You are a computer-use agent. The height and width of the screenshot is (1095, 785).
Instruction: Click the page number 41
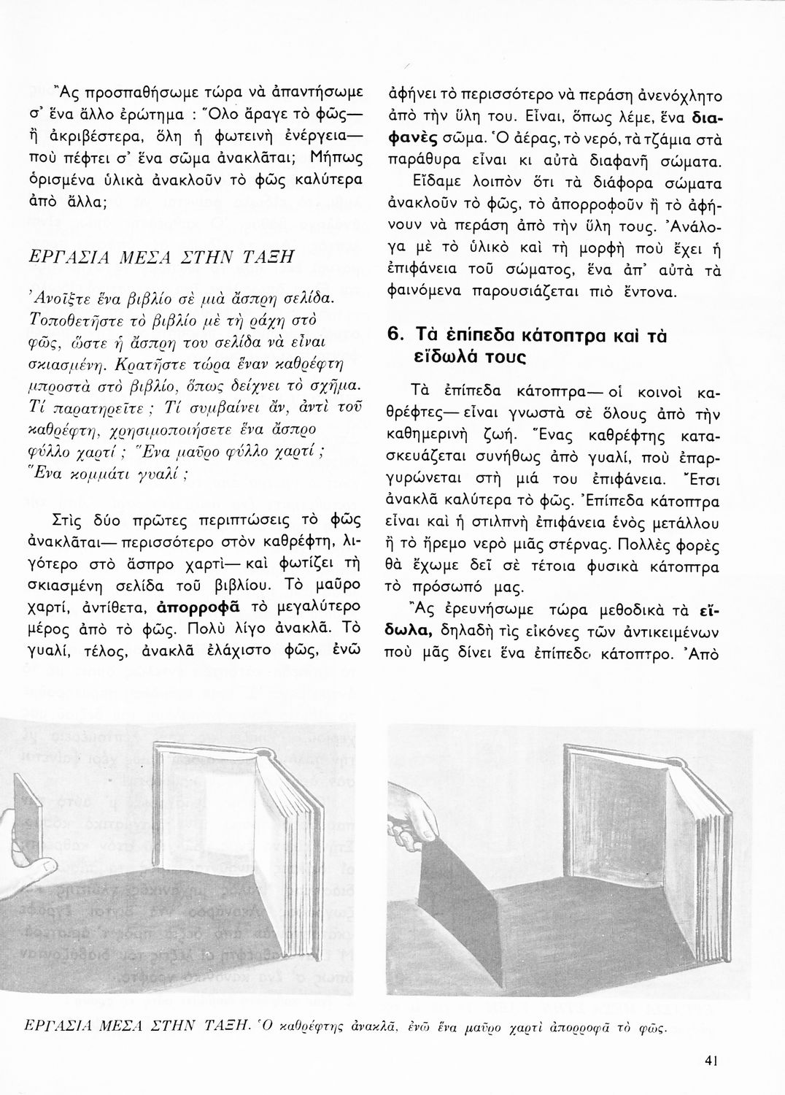coord(713,1059)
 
